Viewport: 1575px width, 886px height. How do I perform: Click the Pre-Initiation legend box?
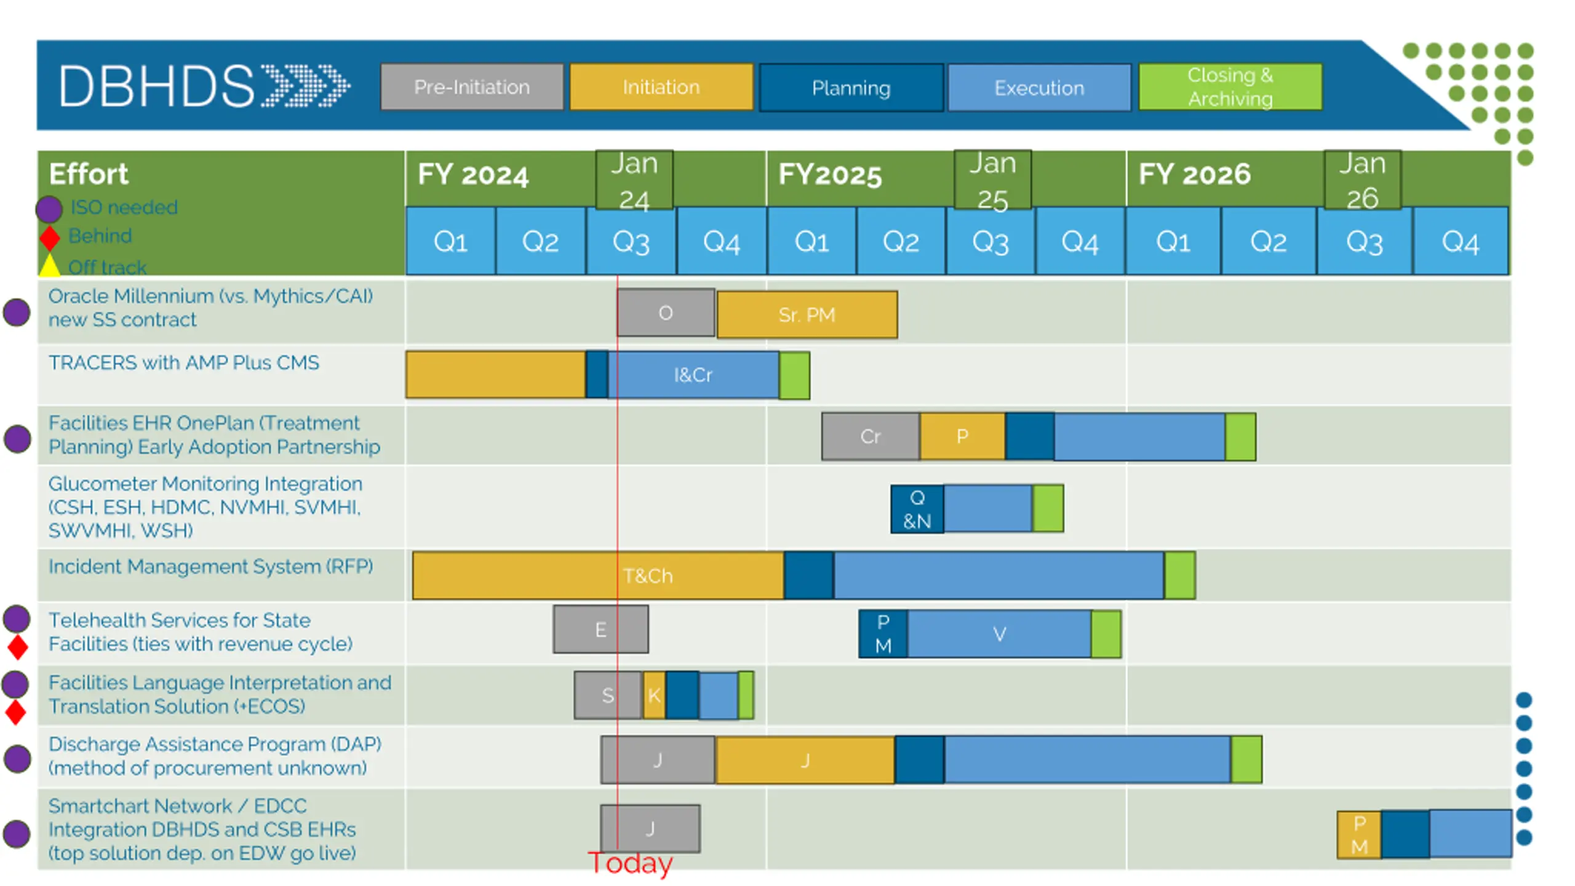pos(471,87)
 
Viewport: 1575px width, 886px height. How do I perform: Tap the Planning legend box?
pos(850,88)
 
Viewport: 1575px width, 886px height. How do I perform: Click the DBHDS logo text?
pos(157,87)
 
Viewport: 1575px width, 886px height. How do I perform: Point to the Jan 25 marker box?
pos(992,180)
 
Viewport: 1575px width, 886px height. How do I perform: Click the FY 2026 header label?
pos(1194,174)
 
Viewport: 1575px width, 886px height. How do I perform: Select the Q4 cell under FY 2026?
pos(1460,241)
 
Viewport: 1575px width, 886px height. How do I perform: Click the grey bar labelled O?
pos(665,313)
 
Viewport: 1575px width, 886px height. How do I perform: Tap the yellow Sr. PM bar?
pos(807,315)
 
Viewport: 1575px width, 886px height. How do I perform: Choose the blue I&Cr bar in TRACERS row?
pos(693,375)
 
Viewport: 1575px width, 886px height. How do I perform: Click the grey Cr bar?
pos(870,436)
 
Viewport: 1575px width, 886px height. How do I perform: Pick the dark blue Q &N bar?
pos(917,509)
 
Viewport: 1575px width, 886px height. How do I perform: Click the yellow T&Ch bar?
pos(647,576)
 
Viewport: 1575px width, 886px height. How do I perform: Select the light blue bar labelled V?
pos(999,634)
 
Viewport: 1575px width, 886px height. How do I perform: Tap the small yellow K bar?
pos(654,695)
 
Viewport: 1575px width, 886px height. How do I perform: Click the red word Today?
pos(630,863)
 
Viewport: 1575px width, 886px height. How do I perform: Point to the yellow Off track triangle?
pos(50,266)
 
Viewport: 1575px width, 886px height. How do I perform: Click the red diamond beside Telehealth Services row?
pos(17,647)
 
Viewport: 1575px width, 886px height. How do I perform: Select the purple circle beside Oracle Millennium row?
pos(17,312)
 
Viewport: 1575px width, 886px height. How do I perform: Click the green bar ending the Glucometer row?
pos(1048,509)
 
